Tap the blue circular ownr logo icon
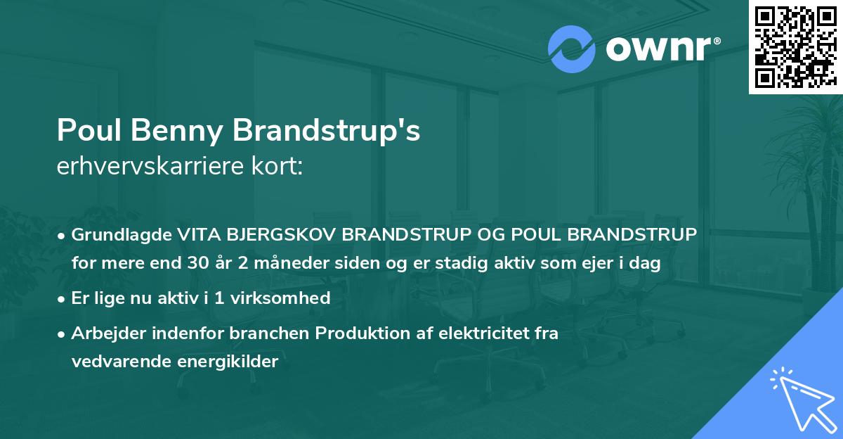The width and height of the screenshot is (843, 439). coord(572,49)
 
